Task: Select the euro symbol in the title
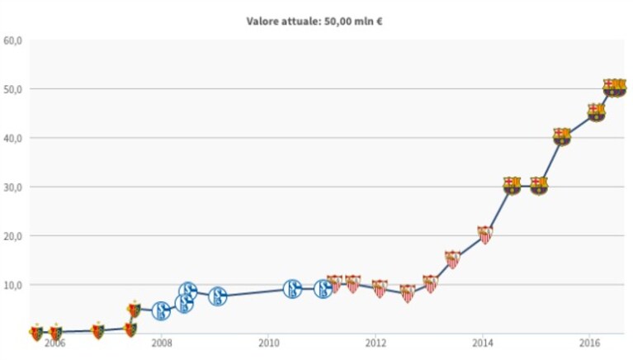[379, 21]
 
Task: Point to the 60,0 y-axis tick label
[12, 40]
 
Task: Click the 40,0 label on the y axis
[12, 138]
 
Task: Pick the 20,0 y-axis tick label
[12, 236]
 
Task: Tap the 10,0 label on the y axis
[12, 285]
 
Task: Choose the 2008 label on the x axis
[162, 343]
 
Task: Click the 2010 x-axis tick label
[268, 343]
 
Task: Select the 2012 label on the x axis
[376, 343]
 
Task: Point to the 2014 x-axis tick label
[483, 343]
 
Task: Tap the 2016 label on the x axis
[589, 343]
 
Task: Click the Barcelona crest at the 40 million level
[561, 136]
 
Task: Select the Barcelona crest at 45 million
[596, 112]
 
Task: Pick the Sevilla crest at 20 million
[484, 234]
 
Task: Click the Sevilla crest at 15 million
[452, 259]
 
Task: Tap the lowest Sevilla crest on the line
[408, 294]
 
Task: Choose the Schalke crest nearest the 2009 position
[218, 296]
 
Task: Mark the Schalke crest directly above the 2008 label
[161, 310]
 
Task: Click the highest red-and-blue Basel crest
[134, 310]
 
